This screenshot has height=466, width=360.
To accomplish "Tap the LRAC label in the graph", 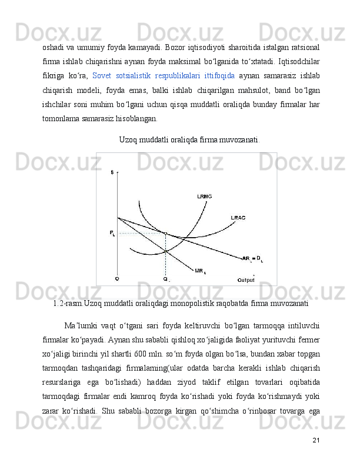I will click(x=238, y=217).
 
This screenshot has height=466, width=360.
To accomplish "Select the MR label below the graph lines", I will click(x=200, y=271).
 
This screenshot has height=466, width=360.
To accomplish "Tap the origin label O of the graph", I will click(x=116, y=279).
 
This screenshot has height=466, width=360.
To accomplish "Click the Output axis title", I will click(x=246, y=279).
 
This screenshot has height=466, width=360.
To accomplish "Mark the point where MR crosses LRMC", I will click(x=165, y=251).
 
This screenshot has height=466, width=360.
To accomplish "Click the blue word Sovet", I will click(x=102, y=76).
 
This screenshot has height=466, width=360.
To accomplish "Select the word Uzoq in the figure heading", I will click(x=129, y=140).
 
